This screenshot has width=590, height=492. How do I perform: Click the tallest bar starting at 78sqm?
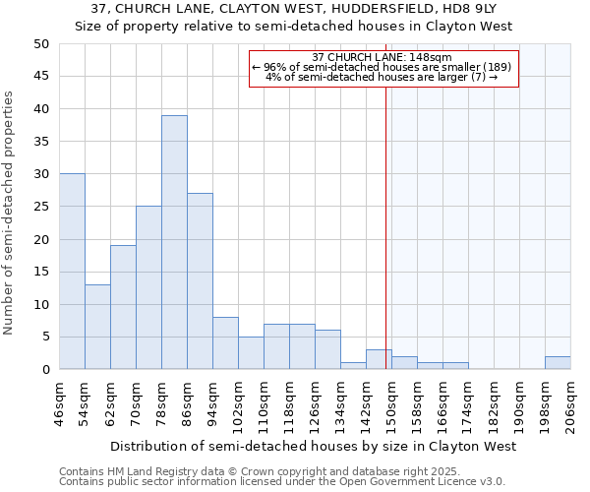tap(174, 242)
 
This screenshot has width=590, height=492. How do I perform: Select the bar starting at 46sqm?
tap(72, 272)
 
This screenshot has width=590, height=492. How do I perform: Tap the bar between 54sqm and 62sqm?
tap(97, 327)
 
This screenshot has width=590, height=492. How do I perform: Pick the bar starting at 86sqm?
tap(200, 281)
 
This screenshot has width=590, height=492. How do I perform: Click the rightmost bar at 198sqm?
tap(558, 363)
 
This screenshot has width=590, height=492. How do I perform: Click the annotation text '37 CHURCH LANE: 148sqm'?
tap(382, 57)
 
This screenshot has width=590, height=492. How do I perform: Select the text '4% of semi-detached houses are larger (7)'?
tap(382, 77)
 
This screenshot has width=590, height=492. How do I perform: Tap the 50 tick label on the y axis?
tap(40, 44)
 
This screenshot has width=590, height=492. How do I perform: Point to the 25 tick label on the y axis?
tap(40, 207)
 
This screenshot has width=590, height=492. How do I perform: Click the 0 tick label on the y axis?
tap(44, 370)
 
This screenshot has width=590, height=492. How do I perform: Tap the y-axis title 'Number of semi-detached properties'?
tap(10, 213)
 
